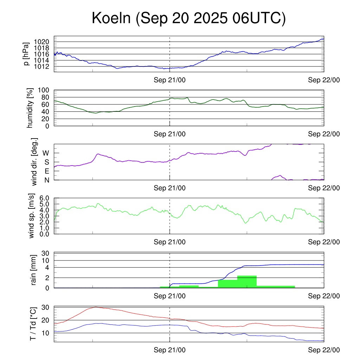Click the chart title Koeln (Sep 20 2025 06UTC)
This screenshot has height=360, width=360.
tap(189, 18)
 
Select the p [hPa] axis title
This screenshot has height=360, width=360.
tap(26, 54)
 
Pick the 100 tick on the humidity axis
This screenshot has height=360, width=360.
tap(47, 90)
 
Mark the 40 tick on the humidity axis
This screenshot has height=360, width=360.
tap(49, 111)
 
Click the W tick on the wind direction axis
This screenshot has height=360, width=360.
tap(46, 153)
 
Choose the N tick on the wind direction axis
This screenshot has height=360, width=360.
tap(46, 180)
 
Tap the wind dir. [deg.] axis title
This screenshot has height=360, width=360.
tap(34, 162)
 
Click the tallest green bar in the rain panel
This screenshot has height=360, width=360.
tap(247, 282)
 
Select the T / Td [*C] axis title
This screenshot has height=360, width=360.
tap(33, 324)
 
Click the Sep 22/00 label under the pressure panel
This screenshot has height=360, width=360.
tap(324, 80)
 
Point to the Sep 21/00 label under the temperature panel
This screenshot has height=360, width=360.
tap(169, 350)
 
